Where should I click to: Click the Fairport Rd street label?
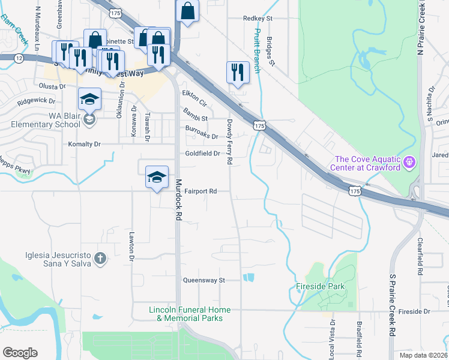coord(200,191)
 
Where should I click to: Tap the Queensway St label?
coord(203,280)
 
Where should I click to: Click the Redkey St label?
coord(258,19)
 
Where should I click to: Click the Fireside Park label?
coord(321,287)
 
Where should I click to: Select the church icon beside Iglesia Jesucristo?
coord(100,259)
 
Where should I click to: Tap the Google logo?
coord(20,353)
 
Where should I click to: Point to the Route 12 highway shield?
coord(19,58)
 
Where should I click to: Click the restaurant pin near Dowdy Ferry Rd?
coord(238,73)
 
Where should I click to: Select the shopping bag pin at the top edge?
coord(188,11)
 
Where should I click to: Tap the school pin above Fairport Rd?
coord(157,177)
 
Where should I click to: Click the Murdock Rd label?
coord(178,202)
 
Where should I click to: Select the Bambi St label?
coord(195,119)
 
